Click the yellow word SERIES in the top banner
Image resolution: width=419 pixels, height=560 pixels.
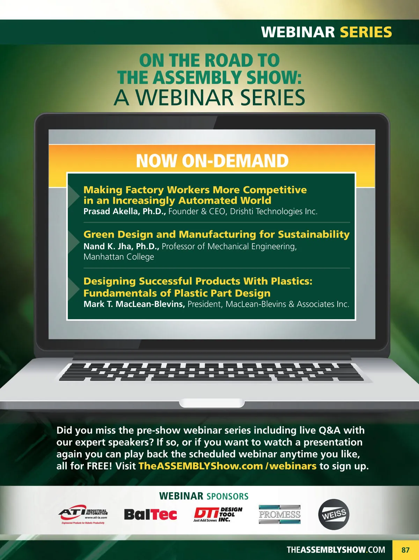(x=366, y=32)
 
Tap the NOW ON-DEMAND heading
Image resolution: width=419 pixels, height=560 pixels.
(x=212, y=161)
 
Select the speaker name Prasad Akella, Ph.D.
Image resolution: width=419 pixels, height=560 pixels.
(x=125, y=211)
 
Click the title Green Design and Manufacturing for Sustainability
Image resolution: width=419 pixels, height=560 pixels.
(x=216, y=234)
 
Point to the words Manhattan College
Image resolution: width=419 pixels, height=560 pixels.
(x=119, y=257)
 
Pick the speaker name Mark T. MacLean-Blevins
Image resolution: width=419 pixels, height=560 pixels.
(x=134, y=304)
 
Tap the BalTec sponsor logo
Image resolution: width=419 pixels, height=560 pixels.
(x=150, y=515)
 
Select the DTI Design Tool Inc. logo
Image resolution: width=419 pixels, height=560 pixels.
(x=218, y=515)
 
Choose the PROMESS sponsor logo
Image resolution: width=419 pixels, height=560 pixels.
(x=279, y=514)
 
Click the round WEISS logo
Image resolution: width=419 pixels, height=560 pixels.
(x=333, y=514)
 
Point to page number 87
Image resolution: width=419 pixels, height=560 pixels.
(x=405, y=550)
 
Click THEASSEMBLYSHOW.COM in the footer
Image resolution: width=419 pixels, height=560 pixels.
(x=336, y=550)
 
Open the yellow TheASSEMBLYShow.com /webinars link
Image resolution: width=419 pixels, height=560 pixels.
(x=227, y=466)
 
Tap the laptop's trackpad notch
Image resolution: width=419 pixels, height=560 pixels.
(x=212, y=403)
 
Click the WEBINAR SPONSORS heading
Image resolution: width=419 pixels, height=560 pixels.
(x=204, y=496)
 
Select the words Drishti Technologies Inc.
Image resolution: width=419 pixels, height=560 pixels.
(x=274, y=211)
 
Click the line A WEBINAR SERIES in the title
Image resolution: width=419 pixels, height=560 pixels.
(x=209, y=97)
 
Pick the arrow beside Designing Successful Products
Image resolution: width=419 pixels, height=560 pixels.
(x=74, y=288)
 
